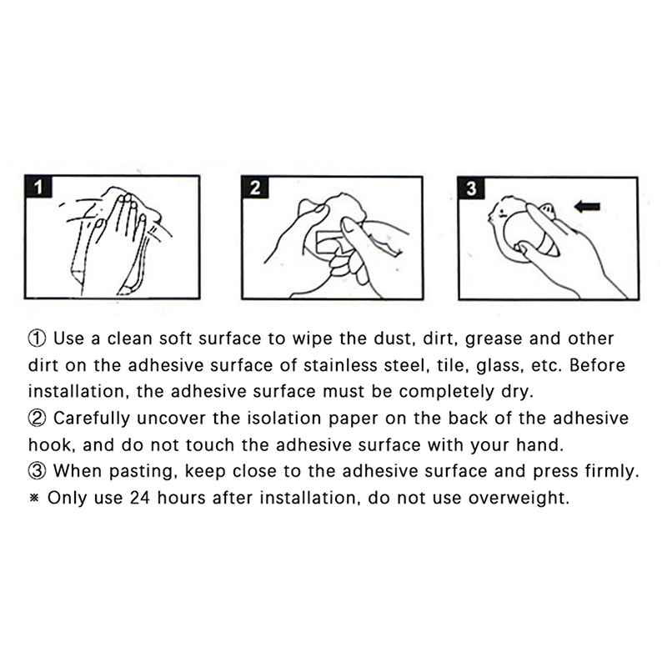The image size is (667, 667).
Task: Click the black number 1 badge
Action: [38, 187]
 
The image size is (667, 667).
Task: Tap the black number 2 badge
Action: [255, 188]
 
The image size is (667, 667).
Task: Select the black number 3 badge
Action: [471, 188]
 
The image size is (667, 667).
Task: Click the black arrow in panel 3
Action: [587, 207]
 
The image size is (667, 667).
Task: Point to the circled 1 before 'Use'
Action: [37, 339]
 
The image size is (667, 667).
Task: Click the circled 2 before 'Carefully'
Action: [37, 419]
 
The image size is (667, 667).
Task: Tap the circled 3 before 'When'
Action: [37, 471]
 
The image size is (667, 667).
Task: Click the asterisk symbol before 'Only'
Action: [34, 498]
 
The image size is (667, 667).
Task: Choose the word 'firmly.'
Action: [612, 472]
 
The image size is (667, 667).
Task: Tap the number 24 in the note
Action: [140, 498]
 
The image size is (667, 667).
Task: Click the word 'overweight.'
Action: [519, 499]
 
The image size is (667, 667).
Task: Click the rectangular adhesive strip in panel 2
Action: [330, 242]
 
